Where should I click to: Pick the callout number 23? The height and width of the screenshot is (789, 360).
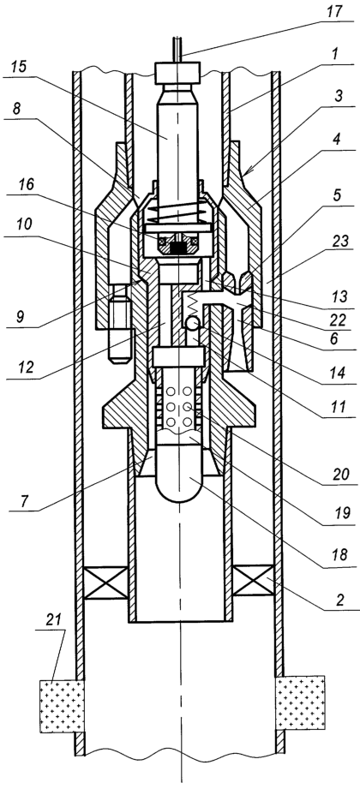(x=340, y=242)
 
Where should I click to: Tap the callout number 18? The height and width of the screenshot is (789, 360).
(x=341, y=554)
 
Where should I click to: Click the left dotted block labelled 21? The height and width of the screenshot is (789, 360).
(x=63, y=704)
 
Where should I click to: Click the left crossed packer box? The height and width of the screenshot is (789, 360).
(x=105, y=583)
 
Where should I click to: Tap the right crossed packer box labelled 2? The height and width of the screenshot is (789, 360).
(x=254, y=583)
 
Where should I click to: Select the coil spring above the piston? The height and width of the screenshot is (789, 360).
(x=180, y=215)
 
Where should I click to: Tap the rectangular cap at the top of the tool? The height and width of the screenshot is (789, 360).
(x=180, y=72)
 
